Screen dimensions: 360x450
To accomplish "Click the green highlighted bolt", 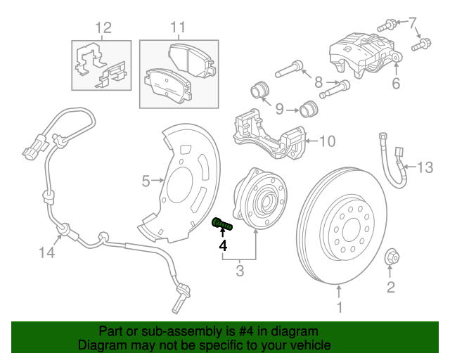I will (x=222, y=225).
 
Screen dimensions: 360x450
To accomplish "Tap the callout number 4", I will (x=223, y=245).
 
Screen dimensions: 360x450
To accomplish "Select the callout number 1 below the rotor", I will (x=340, y=307).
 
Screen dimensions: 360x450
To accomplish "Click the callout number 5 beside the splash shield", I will (x=146, y=181).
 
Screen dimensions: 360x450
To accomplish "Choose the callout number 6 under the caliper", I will (x=395, y=84).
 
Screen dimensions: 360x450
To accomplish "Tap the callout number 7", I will (x=413, y=22).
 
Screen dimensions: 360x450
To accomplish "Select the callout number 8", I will (x=319, y=82).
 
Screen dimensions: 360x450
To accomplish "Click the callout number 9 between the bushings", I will (x=279, y=109).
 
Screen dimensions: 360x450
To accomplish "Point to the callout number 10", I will (x=328, y=141).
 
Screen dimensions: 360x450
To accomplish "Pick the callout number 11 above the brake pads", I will (x=177, y=28).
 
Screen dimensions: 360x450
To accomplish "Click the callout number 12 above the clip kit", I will (x=103, y=28).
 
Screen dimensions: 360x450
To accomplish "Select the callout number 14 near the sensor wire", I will (x=46, y=251).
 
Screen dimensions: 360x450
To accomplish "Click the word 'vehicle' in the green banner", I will (x=308, y=346).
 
